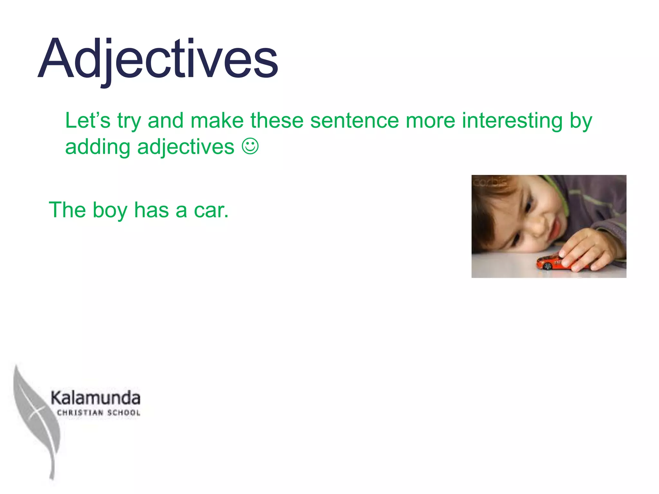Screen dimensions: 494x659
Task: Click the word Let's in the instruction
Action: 88,121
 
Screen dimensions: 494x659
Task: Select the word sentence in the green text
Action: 354,121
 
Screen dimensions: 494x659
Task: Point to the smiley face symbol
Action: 250,147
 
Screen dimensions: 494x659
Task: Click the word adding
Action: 97,147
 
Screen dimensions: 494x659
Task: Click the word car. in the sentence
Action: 211,210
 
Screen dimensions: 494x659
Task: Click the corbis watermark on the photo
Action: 491,183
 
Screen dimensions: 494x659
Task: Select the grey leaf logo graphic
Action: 35,418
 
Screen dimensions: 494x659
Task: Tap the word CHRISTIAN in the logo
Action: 80,413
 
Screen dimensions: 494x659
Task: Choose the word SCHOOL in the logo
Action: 124,413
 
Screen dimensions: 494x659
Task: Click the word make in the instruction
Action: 217,121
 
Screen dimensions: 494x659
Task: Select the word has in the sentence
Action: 151,210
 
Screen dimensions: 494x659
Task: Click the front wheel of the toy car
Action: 547,266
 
